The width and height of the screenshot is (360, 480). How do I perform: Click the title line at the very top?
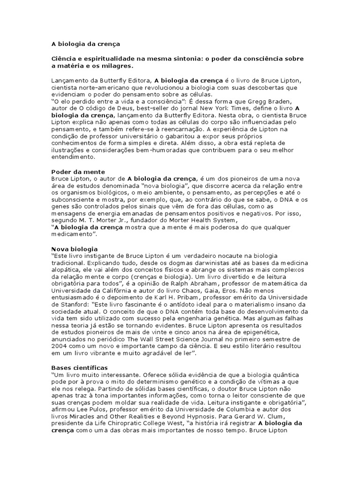(x=85, y=44)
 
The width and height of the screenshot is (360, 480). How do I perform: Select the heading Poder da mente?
(x=77, y=172)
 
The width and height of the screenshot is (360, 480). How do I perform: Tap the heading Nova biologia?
(x=74, y=248)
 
